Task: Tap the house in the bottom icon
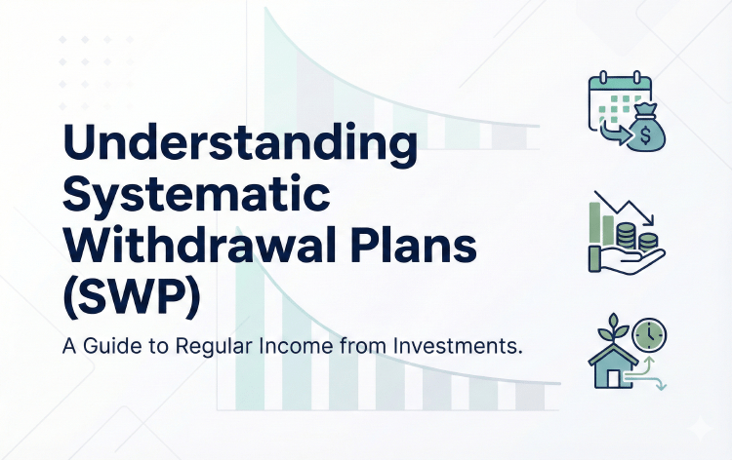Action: click(612, 371)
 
